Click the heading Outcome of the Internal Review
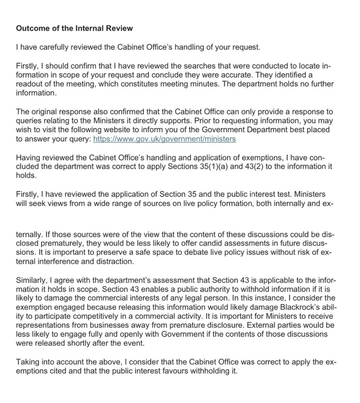[74, 28]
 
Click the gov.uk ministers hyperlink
[164, 139]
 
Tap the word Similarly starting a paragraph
[30, 280]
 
